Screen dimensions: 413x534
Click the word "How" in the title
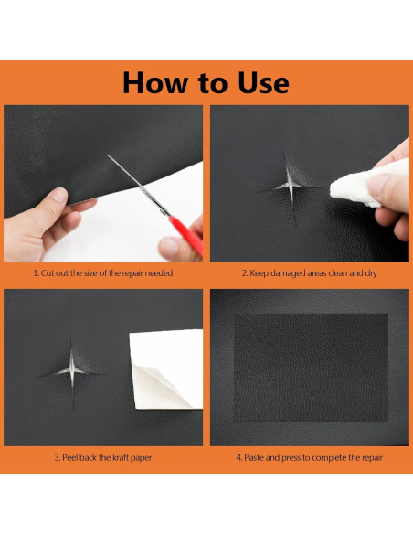pyautogui.click(x=155, y=82)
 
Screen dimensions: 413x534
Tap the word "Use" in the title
pyautogui.click(x=263, y=82)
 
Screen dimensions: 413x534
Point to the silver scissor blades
pyautogui.click(x=138, y=184)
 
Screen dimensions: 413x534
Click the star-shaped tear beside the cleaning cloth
pyautogui.click(x=290, y=187)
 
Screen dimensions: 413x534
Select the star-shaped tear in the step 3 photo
pyautogui.click(x=72, y=371)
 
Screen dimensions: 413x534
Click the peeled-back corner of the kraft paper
pyautogui.click(x=160, y=387)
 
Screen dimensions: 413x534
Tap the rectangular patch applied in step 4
pyautogui.click(x=312, y=368)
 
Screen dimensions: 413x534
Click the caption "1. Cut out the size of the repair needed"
pyautogui.click(x=102, y=273)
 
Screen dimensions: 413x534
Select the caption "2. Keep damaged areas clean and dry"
pyautogui.click(x=310, y=273)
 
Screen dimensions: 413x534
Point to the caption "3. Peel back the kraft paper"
pyautogui.click(x=103, y=457)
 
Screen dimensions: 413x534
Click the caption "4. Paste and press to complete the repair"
pyautogui.click(x=310, y=457)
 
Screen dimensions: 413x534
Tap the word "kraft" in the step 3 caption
pyautogui.click(x=121, y=457)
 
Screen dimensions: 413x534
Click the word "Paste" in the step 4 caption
pyautogui.click(x=254, y=457)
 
